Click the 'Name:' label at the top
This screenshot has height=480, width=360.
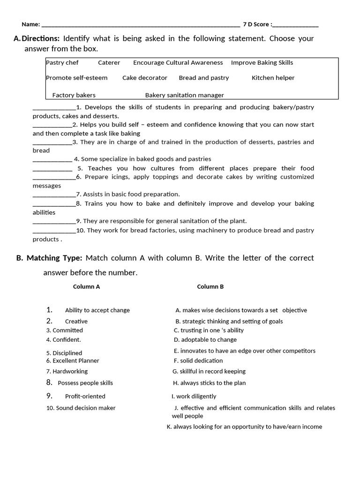(31, 24)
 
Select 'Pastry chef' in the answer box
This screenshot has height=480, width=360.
(62, 63)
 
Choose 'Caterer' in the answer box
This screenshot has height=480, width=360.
(109, 63)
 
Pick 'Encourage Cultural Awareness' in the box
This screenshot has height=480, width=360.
(178, 63)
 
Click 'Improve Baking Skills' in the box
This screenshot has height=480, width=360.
(262, 63)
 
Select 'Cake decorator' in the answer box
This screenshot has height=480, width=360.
(145, 78)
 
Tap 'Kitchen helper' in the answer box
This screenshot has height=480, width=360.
(273, 78)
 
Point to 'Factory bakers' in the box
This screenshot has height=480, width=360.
(74, 95)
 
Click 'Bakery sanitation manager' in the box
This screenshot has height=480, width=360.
(185, 95)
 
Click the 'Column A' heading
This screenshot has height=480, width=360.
(86, 287)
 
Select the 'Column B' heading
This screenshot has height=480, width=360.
(210, 287)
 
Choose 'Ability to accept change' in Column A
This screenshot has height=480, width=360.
(97, 310)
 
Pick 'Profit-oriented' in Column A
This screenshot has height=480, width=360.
(85, 397)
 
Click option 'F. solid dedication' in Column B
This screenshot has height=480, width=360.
(198, 361)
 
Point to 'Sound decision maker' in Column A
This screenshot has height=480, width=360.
(86, 408)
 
